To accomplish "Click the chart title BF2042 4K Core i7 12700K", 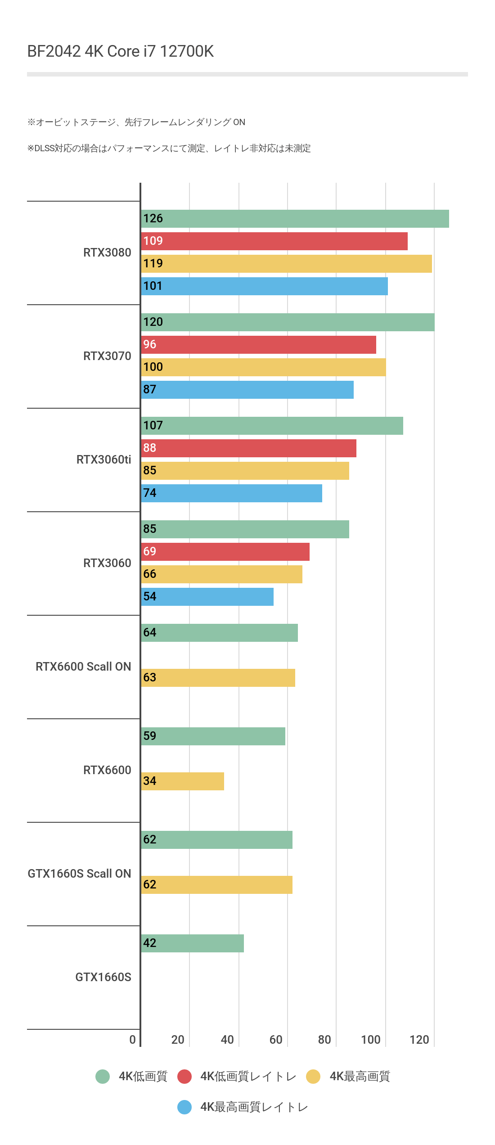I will point(121,51).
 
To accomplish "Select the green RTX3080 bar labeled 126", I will point(295,219).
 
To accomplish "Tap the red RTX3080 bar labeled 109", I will point(274,241).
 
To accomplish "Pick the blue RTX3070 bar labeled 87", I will point(247,390).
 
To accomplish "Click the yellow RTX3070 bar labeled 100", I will point(263,367).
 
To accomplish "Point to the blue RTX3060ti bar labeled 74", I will point(231,493).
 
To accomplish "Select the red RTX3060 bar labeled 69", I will point(225,552).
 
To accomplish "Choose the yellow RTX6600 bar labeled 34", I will point(182,781).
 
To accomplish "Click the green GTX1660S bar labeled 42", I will point(192,943).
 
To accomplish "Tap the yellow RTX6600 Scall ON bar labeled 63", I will point(218,678).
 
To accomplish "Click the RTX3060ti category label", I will point(103,460).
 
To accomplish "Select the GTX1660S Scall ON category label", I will point(79,874).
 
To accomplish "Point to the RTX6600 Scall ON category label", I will point(83,667).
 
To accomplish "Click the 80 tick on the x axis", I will point(324,1040).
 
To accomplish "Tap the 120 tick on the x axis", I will point(419,1040).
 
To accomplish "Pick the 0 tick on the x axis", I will point(132,1040).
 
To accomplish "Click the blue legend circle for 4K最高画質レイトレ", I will point(184,1107).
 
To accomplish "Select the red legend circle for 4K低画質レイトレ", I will point(184,1077).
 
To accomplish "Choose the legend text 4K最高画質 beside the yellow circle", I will point(360,1077).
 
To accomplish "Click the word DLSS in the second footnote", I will point(45,149).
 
